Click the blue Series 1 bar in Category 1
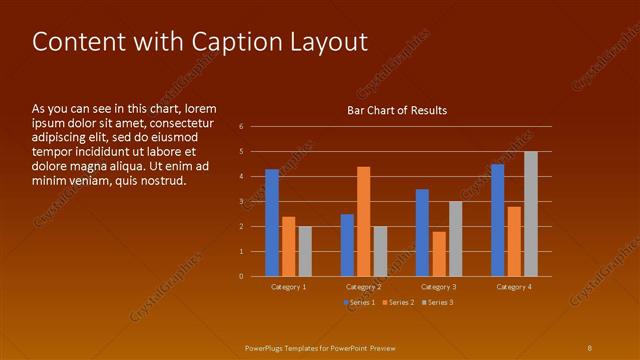(272, 222)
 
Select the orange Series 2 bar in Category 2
(363, 221)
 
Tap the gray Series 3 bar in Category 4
(530, 213)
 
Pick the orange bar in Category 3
(439, 253)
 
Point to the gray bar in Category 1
(305, 251)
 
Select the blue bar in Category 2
(347, 245)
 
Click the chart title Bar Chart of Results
(397, 110)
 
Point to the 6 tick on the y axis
(241, 127)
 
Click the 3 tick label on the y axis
(241, 201)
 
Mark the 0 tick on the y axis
(241, 276)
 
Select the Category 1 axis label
(289, 287)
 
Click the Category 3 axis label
(439, 287)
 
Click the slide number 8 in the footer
(589, 347)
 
